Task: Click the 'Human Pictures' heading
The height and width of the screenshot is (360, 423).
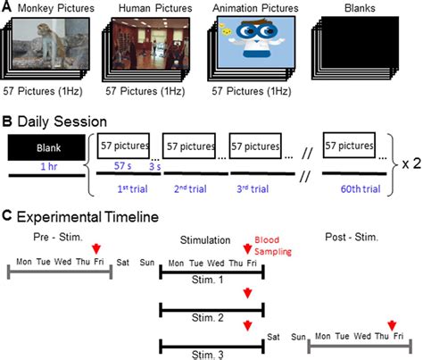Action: [153, 9]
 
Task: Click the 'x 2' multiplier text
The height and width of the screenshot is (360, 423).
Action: [406, 163]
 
